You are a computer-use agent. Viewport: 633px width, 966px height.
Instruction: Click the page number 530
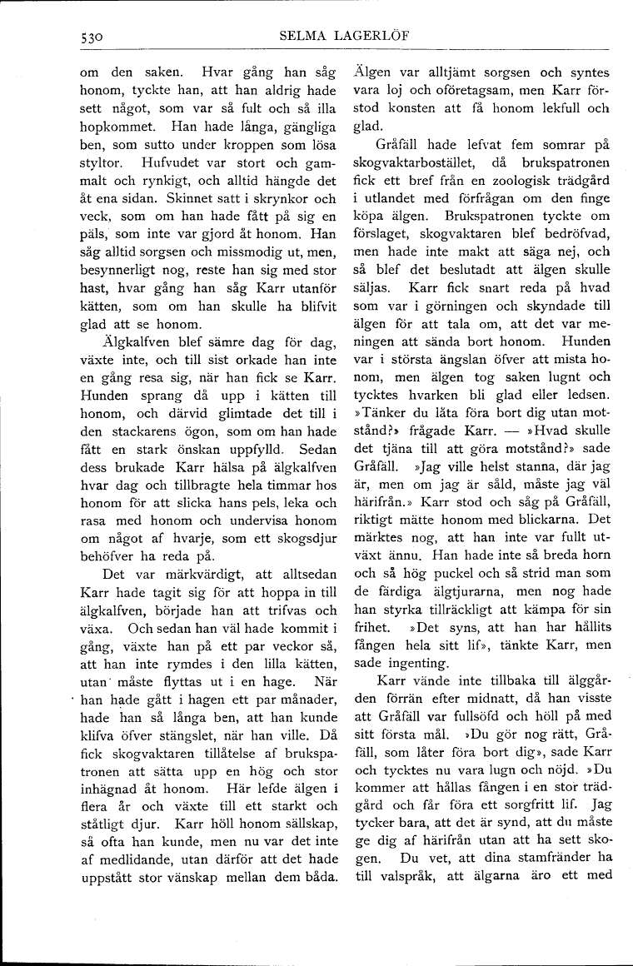(x=86, y=36)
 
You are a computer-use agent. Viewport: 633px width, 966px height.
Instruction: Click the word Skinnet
(x=174, y=199)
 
